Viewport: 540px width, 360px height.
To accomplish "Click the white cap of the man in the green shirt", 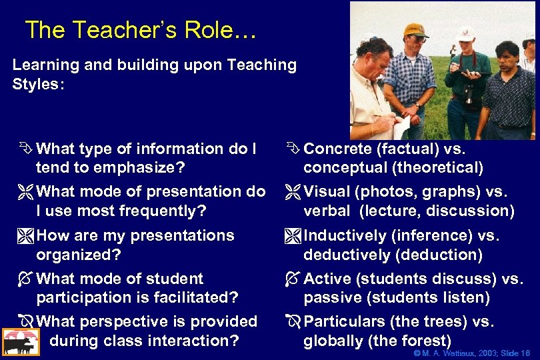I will (465, 33).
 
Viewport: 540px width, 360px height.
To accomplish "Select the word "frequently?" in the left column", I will (163, 211).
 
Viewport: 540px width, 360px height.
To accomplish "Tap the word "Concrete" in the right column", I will (336, 149).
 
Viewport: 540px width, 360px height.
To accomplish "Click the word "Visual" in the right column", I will (327, 192).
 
